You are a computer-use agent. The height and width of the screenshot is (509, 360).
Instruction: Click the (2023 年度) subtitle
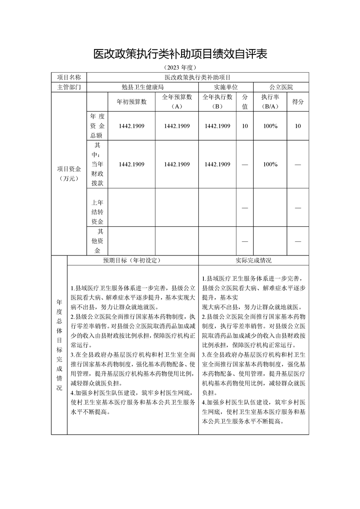coord(180,67)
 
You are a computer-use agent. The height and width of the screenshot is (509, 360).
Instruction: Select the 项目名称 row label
coord(69,78)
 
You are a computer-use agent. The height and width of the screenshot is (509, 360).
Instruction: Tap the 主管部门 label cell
coord(69,87)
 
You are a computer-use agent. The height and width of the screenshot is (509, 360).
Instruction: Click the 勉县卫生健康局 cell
coord(142,87)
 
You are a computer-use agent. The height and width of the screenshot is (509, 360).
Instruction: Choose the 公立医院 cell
coord(281,87)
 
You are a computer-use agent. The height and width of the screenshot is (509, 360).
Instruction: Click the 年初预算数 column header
coord(132,102)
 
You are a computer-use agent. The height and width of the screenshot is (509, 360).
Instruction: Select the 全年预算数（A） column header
coord(177,102)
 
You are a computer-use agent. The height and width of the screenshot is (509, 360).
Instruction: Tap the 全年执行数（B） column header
coord(217,102)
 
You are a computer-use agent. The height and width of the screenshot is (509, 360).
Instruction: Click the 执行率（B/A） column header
coord(270,102)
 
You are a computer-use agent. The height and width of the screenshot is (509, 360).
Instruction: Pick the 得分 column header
coord(298,102)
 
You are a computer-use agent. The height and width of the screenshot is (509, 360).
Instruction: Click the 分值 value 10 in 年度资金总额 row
coord(245,126)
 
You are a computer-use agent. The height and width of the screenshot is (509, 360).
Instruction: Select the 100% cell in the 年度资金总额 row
coord(270,126)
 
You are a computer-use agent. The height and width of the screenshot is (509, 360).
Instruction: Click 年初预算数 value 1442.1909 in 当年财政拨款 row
coord(132,164)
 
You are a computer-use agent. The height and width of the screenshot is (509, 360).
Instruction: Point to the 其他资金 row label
coord(97,241)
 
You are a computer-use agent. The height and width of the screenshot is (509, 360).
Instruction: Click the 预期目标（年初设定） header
coord(132,260)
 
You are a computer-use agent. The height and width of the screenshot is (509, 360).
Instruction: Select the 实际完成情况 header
coord(253,260)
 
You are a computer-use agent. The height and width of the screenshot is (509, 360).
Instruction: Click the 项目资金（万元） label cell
coord(69,174)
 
